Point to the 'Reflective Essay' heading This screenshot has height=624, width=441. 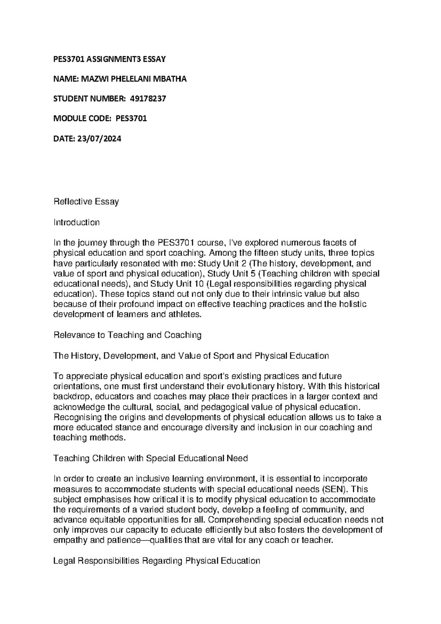[x=86, y=202]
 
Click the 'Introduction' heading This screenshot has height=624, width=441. [x=76, y=222]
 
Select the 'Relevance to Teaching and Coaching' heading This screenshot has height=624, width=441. [x=128, y=335]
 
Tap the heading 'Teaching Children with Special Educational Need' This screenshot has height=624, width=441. [x=151, y=458]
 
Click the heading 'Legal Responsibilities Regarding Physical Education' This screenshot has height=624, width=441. [x=157, y=561]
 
